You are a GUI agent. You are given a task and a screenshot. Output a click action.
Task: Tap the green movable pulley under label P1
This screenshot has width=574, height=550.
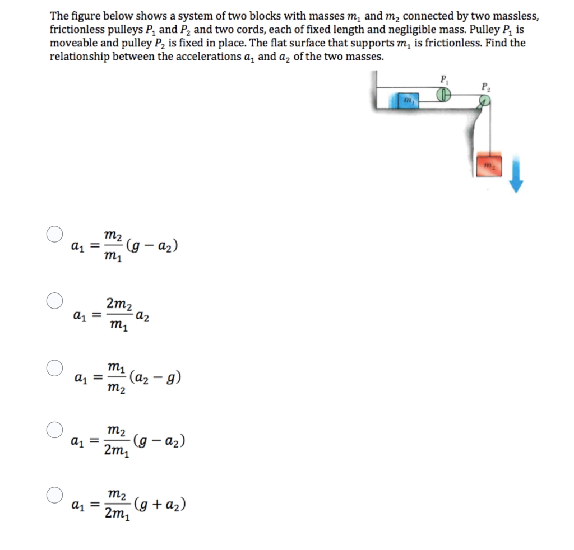pyautogui.click(x=445, y=96)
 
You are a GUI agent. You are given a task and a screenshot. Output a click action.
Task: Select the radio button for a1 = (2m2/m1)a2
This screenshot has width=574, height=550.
pyautogui.click(x=54, y=301)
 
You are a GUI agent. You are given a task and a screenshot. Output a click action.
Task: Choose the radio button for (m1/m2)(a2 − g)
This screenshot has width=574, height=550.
pyautogui.click(x=54, y=368)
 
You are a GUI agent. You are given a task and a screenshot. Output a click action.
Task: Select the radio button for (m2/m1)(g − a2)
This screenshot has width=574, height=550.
pyautogui.click(x=54, y=234)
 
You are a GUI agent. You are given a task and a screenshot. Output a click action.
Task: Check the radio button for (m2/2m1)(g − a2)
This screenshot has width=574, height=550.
pyautogui.click(x=54, y=431)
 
